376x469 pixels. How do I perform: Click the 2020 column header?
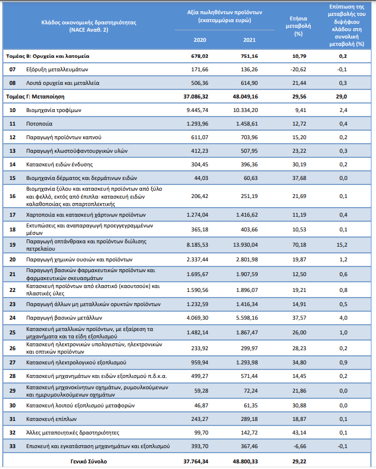click(200, 40)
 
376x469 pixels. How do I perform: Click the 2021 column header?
click(249, 40)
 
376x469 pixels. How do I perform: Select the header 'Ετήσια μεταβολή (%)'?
click(298, 26)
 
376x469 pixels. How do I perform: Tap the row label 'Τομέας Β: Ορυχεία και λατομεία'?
click(48, 56)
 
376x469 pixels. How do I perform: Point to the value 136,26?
click(249, 70)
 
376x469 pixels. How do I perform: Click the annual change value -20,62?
click(298, 70)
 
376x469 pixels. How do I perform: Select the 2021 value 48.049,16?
click(245, 97)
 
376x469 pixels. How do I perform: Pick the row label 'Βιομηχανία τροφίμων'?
click(54, 110)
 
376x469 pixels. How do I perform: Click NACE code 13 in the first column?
click(12, 151)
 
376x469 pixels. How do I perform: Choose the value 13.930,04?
click(245, 244)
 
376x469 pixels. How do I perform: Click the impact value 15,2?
click(341, 244)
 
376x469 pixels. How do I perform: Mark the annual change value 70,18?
click(299, 244)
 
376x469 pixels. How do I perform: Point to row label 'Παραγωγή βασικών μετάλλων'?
click(64, 318)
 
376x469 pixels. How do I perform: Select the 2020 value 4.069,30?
click(197, 318)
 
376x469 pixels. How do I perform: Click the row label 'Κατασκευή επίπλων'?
click(51, 419)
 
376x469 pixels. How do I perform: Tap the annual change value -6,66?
click(300, 446)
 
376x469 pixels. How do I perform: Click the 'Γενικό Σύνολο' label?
click(88, 462)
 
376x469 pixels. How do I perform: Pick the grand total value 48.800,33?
click(245, 462)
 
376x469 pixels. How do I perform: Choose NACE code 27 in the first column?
click(12, 363)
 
